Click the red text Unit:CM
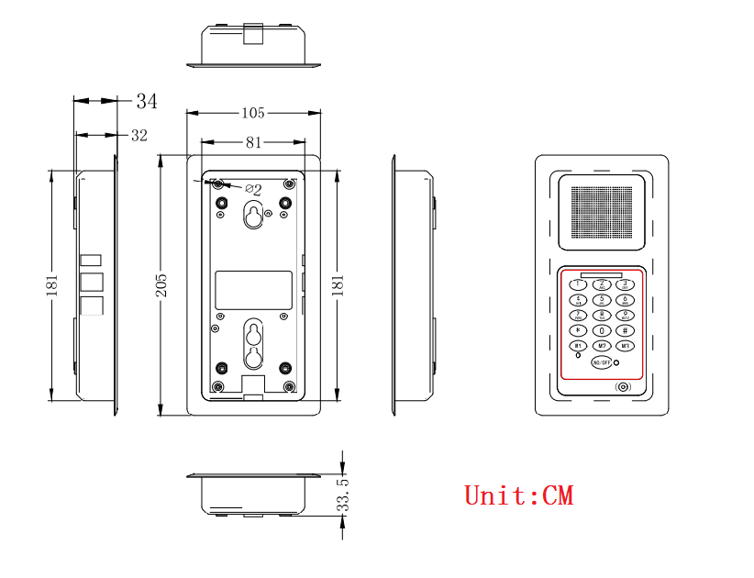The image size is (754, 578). [x=518, y=495]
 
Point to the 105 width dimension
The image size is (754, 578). [x=252, y=113]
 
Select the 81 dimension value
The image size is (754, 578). [x=253, y=142]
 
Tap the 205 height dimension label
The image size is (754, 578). [x=161, y=285]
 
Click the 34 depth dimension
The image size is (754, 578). [x=146, y=101]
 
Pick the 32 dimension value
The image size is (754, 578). [x=139, y=136]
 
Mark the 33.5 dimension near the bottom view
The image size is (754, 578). [x=343, y=495]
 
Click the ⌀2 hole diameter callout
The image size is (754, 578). [x=252, y=190]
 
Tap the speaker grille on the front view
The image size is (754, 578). [x=602, y=212]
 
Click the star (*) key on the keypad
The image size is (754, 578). [x=578, y=330]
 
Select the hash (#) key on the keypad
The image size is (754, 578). [x=625, y=330]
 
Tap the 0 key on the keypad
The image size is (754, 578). [x=602, y=330]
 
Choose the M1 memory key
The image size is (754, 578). [x=578, y=346]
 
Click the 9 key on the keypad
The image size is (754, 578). [x=625, y=315]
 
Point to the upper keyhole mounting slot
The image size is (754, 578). [x=252, y=216]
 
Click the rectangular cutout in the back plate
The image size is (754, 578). [x=252, y=290]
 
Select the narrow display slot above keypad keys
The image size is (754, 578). [x=601, y=274]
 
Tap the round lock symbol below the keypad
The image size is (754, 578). [x=624, y=387]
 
